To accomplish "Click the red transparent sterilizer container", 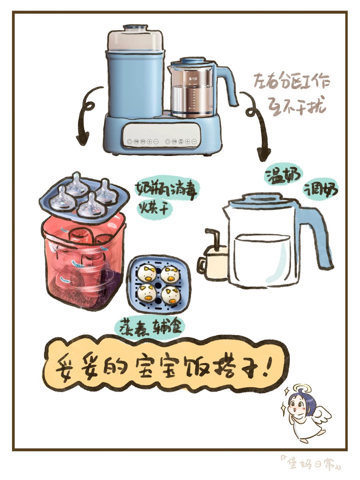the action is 83,263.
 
